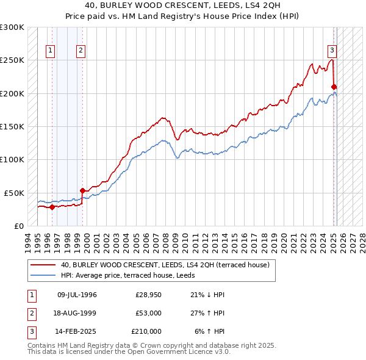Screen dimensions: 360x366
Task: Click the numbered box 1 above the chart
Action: pos(49,51)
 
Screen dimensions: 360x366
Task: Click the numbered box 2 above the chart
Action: pos(81,51)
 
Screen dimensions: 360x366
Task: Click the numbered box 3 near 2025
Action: pos(332,51)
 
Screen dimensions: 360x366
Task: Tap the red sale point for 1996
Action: pos(52,207)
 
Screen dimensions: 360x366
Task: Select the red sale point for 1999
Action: pos(82,191)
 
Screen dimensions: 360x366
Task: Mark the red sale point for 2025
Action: pos(334,87)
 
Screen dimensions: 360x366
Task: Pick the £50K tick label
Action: pos(15,193)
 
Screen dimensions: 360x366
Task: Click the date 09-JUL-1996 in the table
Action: pos(77,295)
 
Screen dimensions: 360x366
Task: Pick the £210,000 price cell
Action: pos(146,331)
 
